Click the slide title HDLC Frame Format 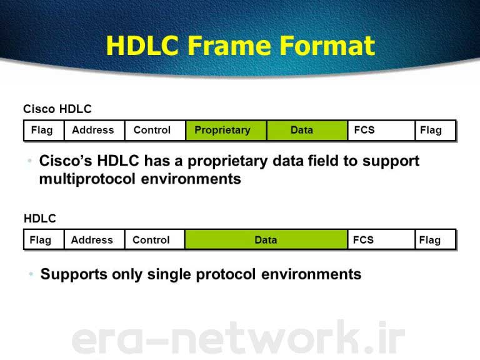click(x=240, y=46)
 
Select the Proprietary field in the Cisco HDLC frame click(x=226, y=131)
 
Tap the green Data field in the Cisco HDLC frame click(x=307, y=131)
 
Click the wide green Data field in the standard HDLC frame click(x=266, y=240)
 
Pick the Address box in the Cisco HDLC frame click(x=94, y=131)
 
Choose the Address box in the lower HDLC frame click(x=94, y=240)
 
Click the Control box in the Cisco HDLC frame click(x=155, y=131)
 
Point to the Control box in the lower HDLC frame click(x=155, y=240)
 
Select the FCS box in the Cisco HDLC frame click(x=381, y=131)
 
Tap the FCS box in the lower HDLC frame click(x=381, y=240)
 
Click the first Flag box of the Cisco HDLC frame click(x=44, y=131)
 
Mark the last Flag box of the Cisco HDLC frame click(x=436, y=131)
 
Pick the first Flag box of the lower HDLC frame click(x=44, y=240)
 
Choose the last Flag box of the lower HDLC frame click(x=436, y=240)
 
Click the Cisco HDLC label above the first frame click(x=57, y=109)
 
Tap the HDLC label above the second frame click(x=40, y=219)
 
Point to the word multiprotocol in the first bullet click(x=87, y=179)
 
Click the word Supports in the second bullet click(x=74, y=274)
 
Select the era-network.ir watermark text click(x=238, y=337)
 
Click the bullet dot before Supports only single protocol click(x=31, y=274)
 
